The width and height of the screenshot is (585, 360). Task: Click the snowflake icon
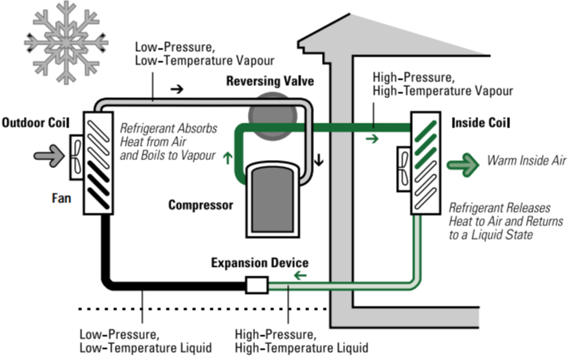pos(66,42)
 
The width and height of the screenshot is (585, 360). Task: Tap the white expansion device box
pos(257,285)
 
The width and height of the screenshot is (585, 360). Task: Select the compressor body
pos(273,200)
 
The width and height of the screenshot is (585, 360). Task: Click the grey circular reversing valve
pos(273,116)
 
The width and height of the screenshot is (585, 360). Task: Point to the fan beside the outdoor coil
pos(77,157)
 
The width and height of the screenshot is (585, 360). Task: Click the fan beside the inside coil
pos(403,169)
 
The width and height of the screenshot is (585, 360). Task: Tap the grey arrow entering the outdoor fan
pos(49,156)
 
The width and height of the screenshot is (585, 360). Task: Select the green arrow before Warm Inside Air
pos(463,164)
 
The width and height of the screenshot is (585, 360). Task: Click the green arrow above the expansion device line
pos(300,276)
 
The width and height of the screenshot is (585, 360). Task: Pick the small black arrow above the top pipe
pos(177,89)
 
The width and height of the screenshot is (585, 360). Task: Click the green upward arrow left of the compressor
pos(227,158)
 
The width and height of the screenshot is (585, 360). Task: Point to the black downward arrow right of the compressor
pos(319,159)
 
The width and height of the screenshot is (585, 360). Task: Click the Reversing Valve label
pos(270,81)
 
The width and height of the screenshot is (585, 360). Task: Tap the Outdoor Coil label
pos(36,123)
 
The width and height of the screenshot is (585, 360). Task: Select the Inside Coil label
pos(481,123)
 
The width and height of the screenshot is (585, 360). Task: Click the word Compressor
pos(201,205)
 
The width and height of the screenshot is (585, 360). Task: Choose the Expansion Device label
pos(260,263)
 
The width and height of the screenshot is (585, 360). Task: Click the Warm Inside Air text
pos(527,161)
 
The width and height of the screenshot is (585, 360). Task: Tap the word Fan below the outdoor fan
pos(61,198)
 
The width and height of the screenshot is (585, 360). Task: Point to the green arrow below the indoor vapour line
pos(372,139)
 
